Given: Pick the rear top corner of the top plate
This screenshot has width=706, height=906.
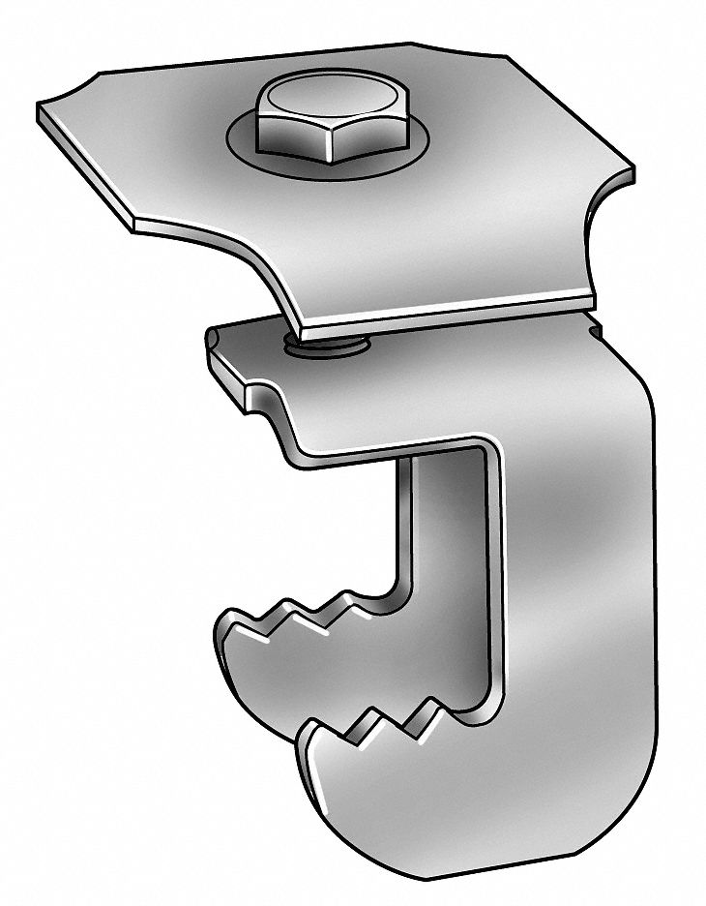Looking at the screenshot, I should (411, 45).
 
